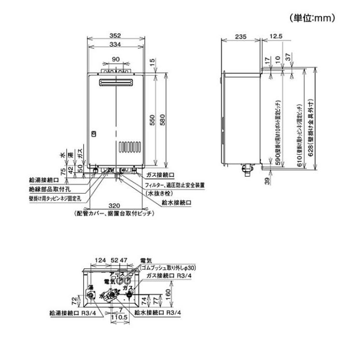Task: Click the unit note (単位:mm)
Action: coord(312,18)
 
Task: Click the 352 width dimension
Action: coord(114,36)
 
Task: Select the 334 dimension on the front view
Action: coord(114,45)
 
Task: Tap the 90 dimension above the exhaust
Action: coord(115,59)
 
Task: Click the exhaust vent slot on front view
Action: coord(115,83)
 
